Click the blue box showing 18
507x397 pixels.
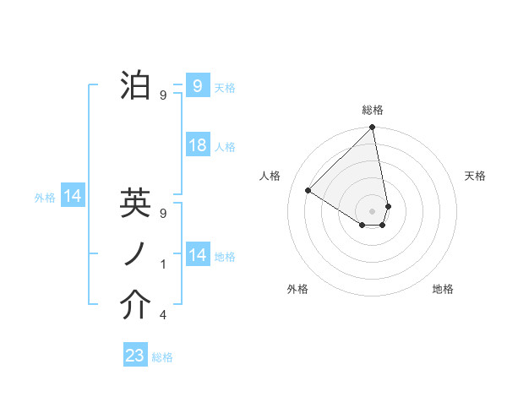pyautogui.click(x=197, y=145)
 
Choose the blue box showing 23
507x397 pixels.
pyautogui.click(x=135, y=356)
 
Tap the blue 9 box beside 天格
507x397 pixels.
pyautogui.click(x=197, y=86)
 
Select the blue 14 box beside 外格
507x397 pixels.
pyautogui.click(x=73, y=197)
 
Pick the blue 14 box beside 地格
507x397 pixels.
pyautogui.click(x=197, y=255)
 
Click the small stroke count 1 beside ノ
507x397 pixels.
pyautogui.click(x=163, y=264)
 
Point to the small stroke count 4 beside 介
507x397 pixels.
pyautogui.click(x=163, y=315)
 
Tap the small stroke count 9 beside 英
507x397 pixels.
pyautogui.click(x=163, y=214)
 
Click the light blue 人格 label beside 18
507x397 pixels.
pyautogui.click(x=225, y=147)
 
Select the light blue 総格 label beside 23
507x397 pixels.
pyautogui.click(x=162, y=357)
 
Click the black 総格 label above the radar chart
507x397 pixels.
pyautogui.click(x=373, y=110)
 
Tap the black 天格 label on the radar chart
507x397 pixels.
pyautogui.click(x=476, y=176)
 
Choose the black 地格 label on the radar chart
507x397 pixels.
pyautogui.click(x=443, y=289)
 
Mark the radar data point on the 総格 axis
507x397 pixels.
pyautogui.click(x=373, y=128)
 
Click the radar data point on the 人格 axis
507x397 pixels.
pyautogui.click(x=308, y=191)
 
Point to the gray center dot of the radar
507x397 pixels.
pyautogui.click(x=373, y=209)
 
